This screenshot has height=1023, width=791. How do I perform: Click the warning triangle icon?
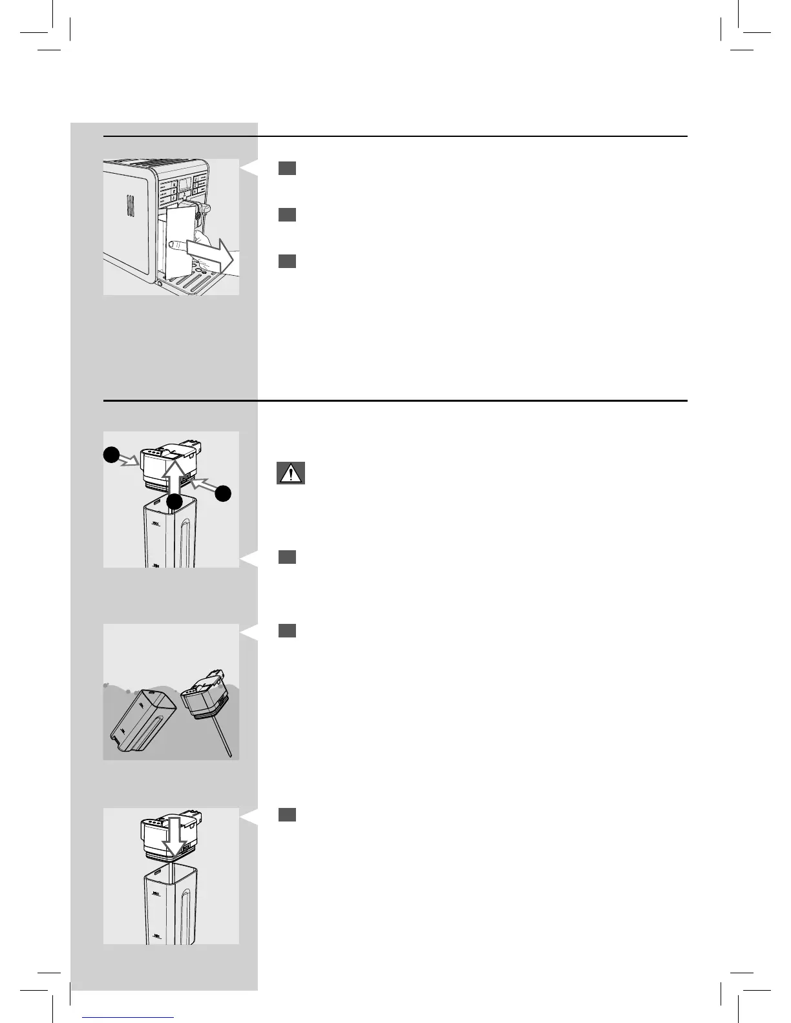coord(290,473)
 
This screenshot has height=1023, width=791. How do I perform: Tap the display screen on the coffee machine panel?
coord(185,184)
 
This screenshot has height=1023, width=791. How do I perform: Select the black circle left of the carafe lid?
coord(112,455)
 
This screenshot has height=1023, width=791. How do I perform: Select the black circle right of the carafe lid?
coord(224,494)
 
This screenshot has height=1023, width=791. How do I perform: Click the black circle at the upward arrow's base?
coord(173,501)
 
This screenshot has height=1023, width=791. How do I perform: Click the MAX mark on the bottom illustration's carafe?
coord(156,895)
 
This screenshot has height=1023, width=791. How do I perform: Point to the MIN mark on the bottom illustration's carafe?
coord(156,935)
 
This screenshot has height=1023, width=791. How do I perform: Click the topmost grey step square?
coord(288,169)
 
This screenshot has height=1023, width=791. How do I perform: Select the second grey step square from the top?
coord(288,215)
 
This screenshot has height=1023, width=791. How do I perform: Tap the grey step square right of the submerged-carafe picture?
coord(288,630)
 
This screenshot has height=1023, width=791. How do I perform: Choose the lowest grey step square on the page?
coord(288,814)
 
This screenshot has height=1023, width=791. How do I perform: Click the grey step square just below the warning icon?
coord(288,557)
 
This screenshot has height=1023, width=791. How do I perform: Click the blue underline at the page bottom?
coord(129,1017)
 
